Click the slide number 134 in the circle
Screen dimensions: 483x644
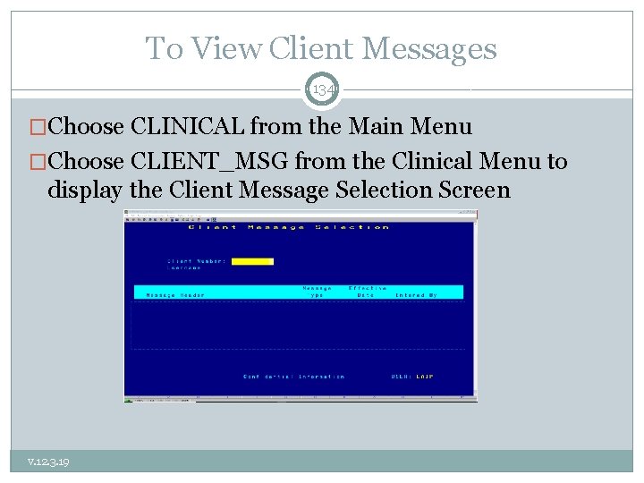(322, 90)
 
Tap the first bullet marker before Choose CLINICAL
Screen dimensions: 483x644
(38, 127)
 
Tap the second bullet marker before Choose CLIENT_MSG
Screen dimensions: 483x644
(38, 162)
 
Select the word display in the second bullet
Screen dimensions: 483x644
(85, 191)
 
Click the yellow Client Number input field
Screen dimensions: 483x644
(252, 261)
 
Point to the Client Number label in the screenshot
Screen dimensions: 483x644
(197, 261)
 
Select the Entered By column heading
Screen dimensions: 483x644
(417, 295)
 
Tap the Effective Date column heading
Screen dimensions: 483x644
(368, 292)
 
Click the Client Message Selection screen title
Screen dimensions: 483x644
(288, 227)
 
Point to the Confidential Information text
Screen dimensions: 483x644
(293, 377)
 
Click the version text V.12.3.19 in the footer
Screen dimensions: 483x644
(48, 462)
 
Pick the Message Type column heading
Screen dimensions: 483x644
(317, 292)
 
